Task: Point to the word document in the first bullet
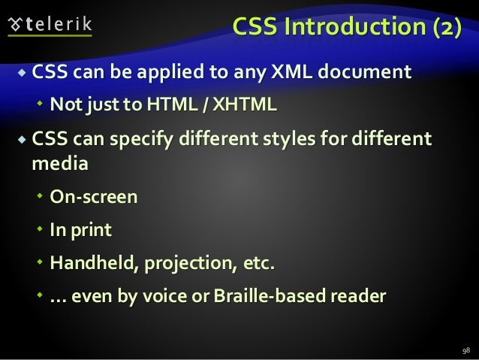(x=374, y=73)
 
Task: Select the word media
(x=59, y=162)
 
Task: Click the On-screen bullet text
(x=94, y=198)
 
